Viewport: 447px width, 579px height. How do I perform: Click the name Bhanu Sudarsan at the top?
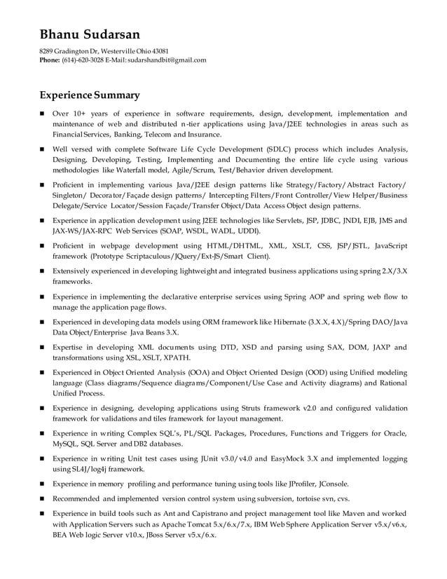(x=89, y=34)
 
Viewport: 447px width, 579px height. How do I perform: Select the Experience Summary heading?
(x=89, y=95)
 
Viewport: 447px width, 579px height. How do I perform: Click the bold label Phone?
(x=49, y=60)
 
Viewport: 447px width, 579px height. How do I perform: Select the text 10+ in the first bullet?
(x=81, y=114)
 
